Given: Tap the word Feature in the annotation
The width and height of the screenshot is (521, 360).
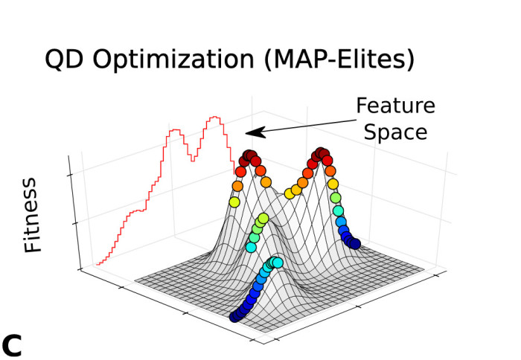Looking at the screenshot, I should pyautogui.click(x=395, y=106).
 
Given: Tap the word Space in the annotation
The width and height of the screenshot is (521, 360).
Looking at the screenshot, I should pyautogui.click(x=400, y=132).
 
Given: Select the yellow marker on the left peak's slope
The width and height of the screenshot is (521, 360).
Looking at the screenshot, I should pyautogui.click(x=234, y=202).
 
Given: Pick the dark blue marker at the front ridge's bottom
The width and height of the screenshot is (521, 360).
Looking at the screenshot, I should pyautogui.click(x=235, y=317).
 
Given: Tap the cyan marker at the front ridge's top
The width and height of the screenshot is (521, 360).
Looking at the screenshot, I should pyautogui.click(x=278, y=262).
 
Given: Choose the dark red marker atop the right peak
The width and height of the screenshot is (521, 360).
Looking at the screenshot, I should pyautogui.click(x=322, y=154).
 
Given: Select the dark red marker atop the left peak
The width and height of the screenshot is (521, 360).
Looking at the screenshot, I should pyautogui.click(x=249, y=157).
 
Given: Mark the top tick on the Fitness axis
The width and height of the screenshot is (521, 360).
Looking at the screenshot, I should pyautogui.click(x=70, y=174).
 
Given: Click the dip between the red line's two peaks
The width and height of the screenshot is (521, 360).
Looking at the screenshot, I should pyautogui.click(x=192, y=158).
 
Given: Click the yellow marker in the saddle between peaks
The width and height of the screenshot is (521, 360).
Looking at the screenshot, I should pyautogui.click(x=287, y=193).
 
